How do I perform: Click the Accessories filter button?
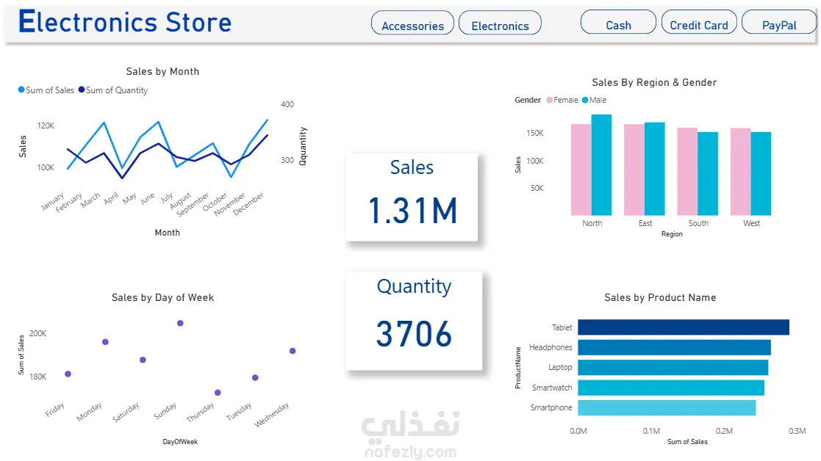coord(412,23)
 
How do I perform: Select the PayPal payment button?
coord(779,22)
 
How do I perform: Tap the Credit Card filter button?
coord(699,22)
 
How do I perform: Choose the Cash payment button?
coord(618,22)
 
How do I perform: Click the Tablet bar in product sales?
coord(684,327)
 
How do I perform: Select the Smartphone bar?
coord(667,407)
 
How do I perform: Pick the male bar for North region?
coord(602,164)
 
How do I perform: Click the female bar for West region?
coord(741,172)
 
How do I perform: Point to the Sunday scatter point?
coord(180,323)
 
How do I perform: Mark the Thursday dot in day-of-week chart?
coord(218,393)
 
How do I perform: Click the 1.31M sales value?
coord(413,211)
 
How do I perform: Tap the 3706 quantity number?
coord(414,334)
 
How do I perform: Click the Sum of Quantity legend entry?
coord(113,90)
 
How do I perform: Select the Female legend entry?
coord(562,100)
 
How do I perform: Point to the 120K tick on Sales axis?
coord(46,126)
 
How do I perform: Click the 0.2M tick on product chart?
coord(724,431)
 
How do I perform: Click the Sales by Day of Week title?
coord(163,297)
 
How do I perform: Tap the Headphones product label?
coord(551,347)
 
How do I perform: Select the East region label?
coord(645,223)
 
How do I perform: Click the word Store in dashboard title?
coord(198,22)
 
